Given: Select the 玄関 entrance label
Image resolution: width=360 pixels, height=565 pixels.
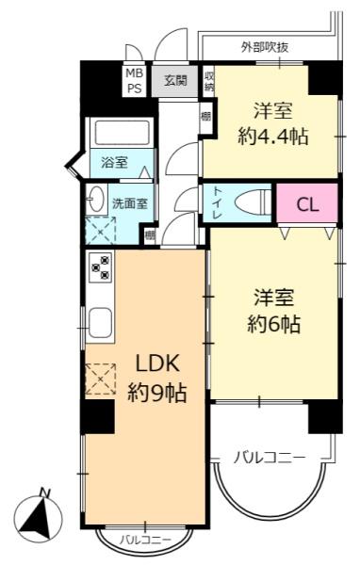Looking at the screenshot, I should (x=175, y=80).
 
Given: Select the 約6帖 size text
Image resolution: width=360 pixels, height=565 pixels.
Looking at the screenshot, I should (x=274, y=325).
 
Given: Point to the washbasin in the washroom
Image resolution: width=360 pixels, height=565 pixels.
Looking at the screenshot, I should (x=96, y=200).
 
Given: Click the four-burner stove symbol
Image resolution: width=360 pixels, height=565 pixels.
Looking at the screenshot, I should (x=100, y=267).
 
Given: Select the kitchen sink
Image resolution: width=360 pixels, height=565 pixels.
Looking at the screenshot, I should (x=101, y=325).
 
